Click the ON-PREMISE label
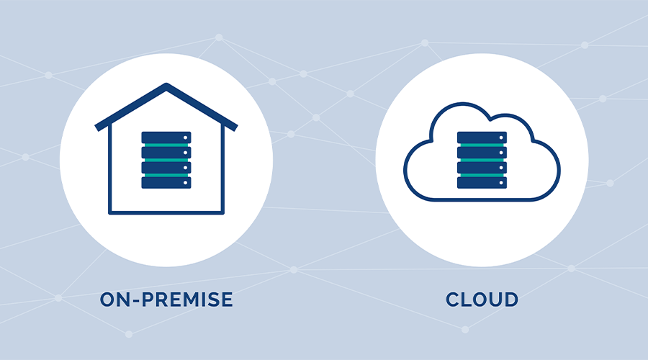pos(166,300)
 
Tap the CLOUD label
pos(482,300)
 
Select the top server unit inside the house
pos(166,137)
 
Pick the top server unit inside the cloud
pos(482,137)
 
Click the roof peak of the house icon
pos(166,87)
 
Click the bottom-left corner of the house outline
pos(109,212)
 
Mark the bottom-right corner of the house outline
pos(223,212)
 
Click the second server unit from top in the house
pos(166,152)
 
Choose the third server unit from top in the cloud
pos(482,168)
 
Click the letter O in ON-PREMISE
pos(108,300)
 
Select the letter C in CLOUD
pos(453,300)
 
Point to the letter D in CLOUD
pos(510,300)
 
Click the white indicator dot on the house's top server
pos(186,138)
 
